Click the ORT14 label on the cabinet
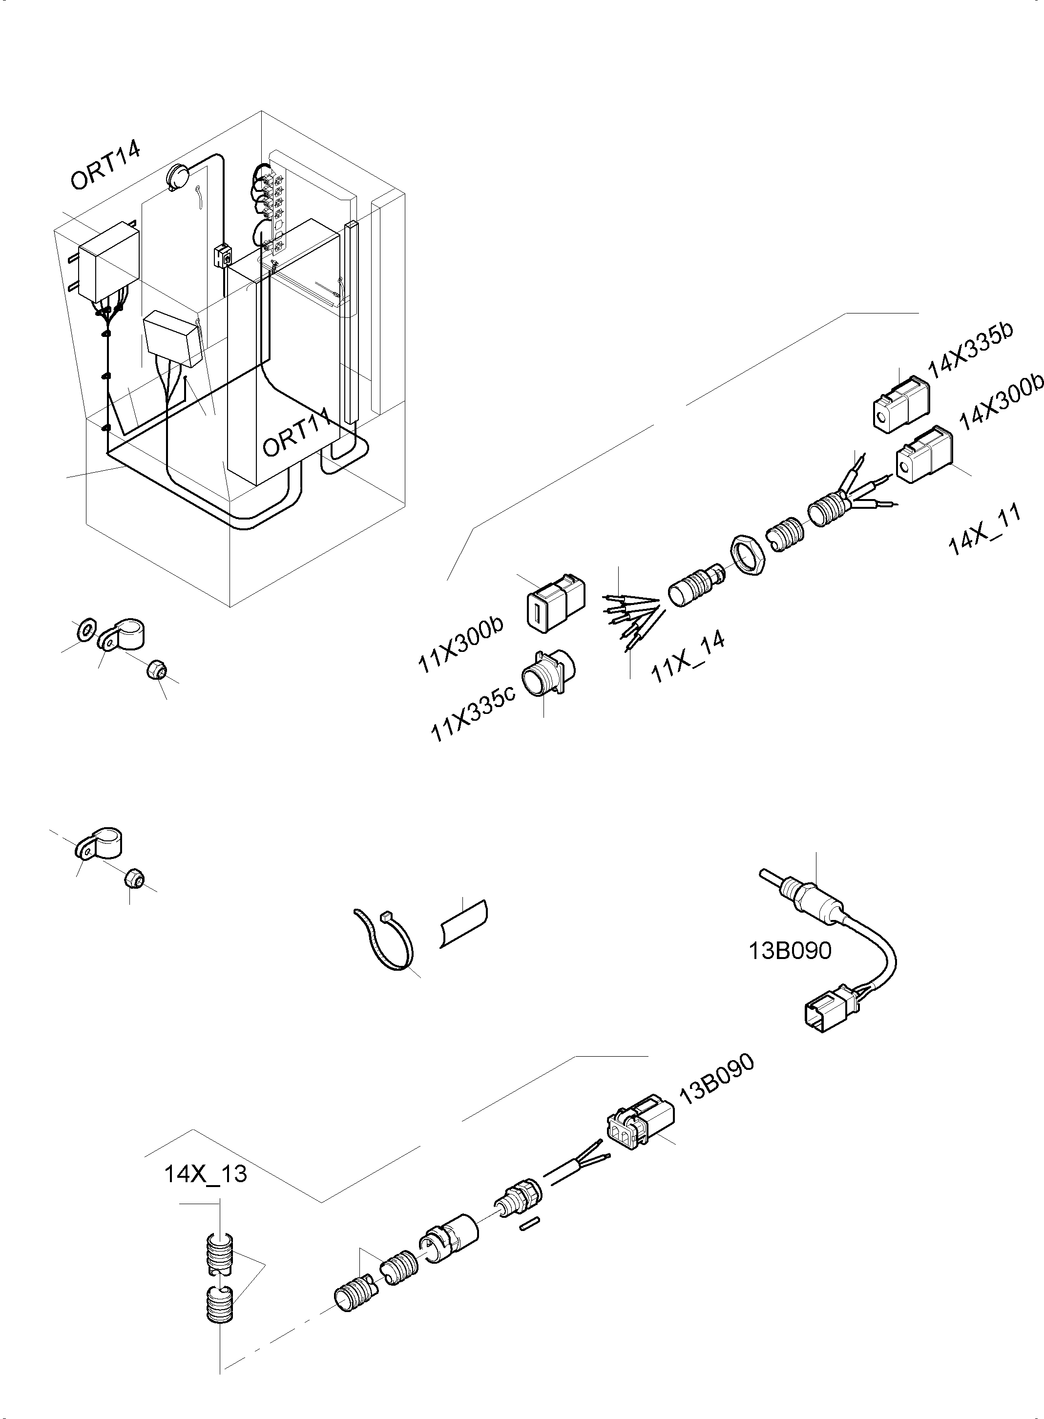point(105,166)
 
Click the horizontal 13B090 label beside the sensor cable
point(790,968)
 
